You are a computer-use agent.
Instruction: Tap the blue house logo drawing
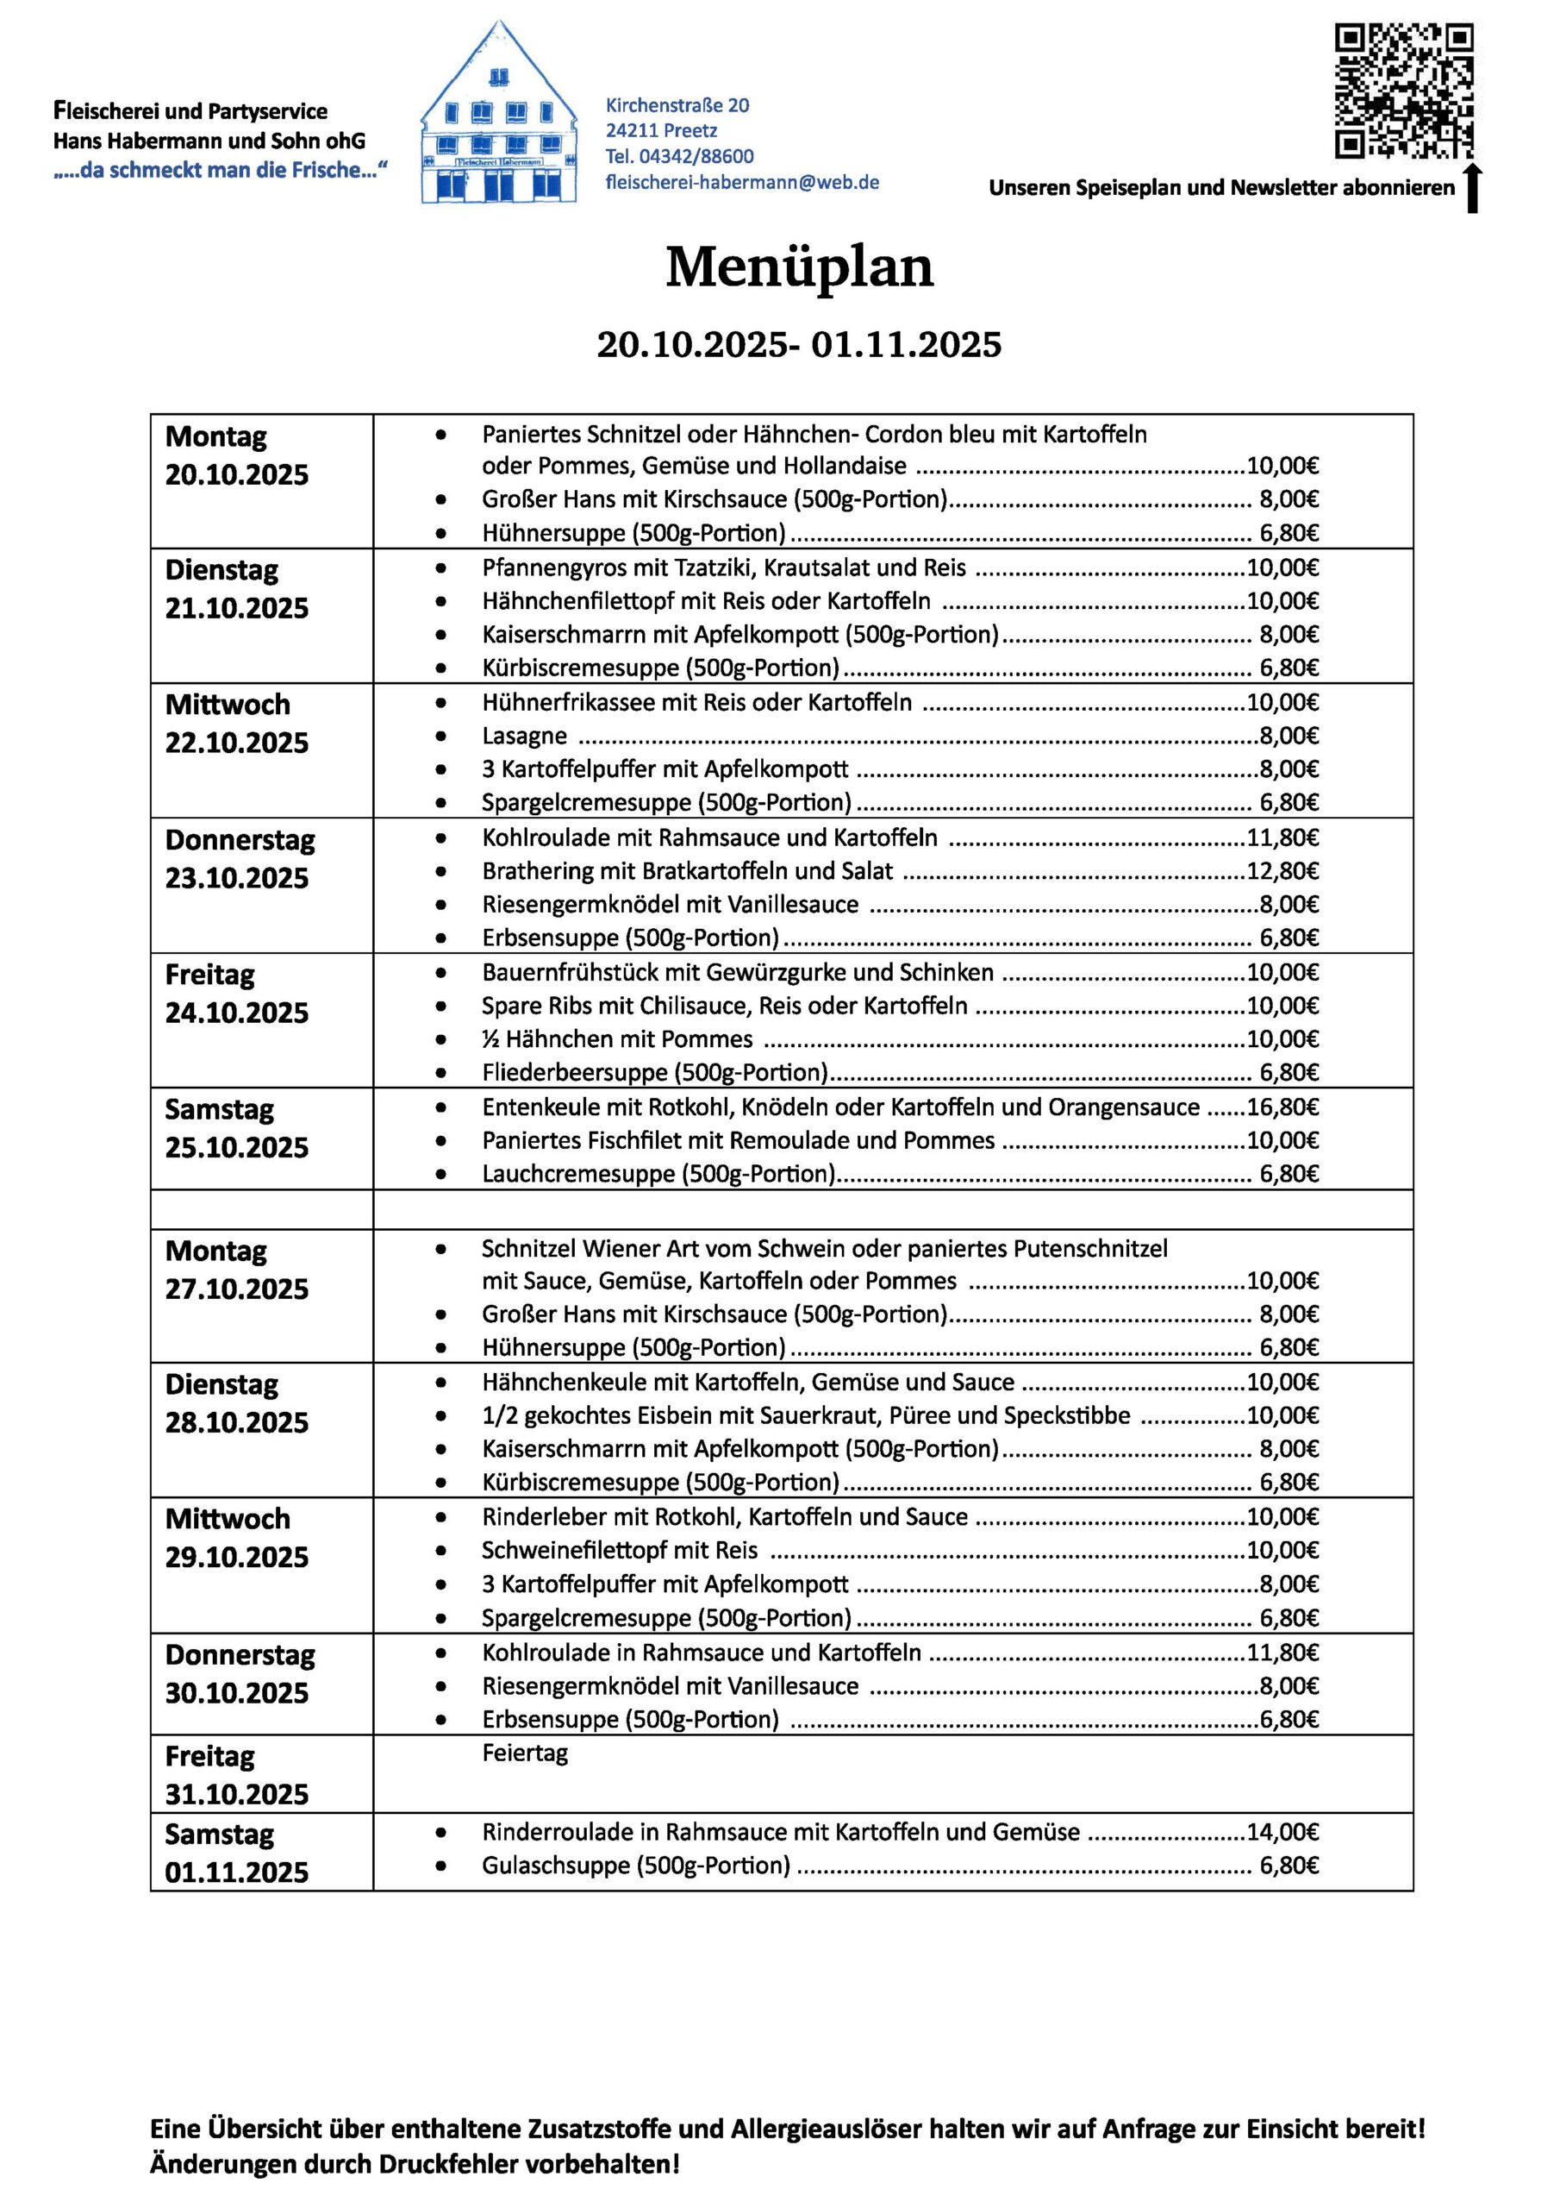pyautogui.click(x=498, y=116)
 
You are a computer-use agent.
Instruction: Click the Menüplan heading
pyautogui.click(x=799, y=267)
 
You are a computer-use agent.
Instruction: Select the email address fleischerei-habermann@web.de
pyautogui.click(x=742, y=182)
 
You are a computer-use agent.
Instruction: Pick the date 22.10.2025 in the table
pyautogui.click(x=236, y=743)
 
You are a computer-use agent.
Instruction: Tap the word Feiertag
pyautogui.click(x=525, y=1752)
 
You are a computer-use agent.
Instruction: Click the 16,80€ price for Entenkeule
pyautogui.click(x=1282, y=1107)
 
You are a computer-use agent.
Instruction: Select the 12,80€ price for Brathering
pyautogui.click(x=1282, y=871)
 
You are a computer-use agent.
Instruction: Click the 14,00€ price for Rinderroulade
pyautogui.click(x=1282, y=1832)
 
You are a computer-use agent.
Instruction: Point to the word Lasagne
pyautogui.click(x=525, y=737)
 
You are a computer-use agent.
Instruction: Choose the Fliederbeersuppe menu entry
pyautogui.click(x=653, y=1072)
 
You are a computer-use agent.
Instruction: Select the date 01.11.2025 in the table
pyautogui.click(x=236, y=1872)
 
